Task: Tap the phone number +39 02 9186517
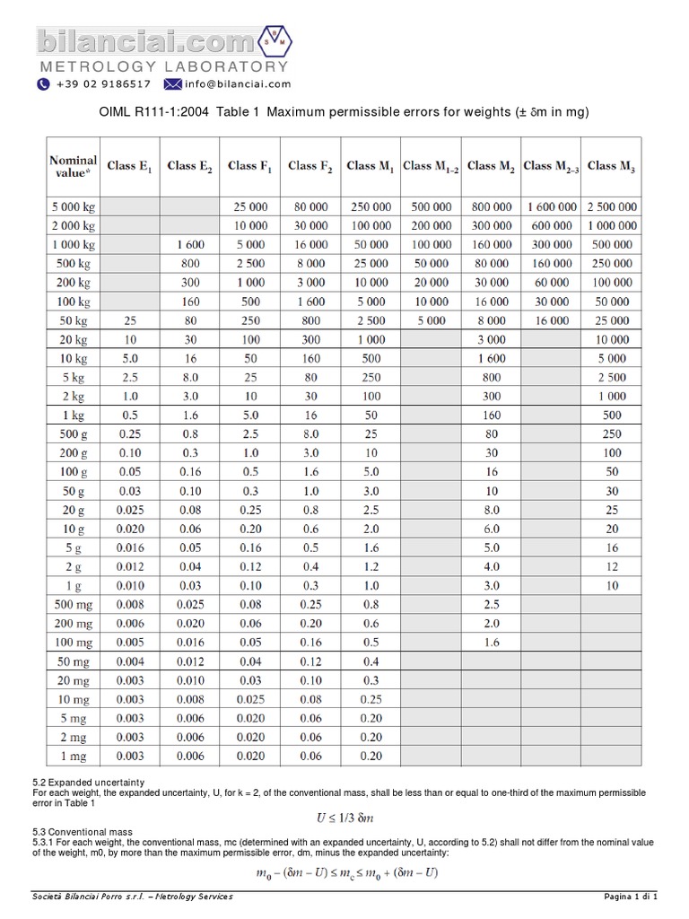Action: (101, 84)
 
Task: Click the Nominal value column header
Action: (73, 166)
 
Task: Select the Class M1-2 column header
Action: (431, 166)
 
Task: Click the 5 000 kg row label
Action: (73, 206)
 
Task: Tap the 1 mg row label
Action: (73, 756)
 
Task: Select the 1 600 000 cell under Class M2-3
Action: (551, 206)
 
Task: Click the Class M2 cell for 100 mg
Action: (491, 643)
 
